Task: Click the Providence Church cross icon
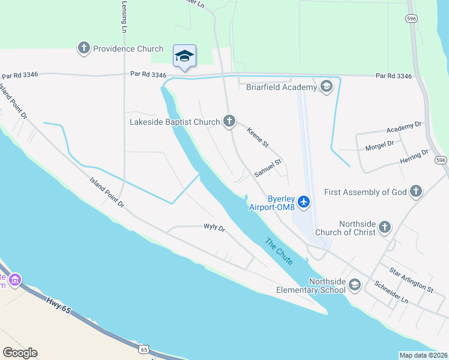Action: (x=83, y=47)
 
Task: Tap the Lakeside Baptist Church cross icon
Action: (x=228, y=122)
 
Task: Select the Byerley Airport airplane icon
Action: (x=304, y=201)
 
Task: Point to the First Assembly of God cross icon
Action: (x=415, y=192)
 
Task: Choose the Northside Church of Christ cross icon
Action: (x=384, y=227)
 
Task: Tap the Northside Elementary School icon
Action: (x=355, y=284)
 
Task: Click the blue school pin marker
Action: (x=184, y=56)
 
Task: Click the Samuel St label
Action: (x=268, y=168)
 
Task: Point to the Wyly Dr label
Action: (x=214, y=228)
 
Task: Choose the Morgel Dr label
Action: (x=379, y=144)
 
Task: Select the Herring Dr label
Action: (x=414, y=157)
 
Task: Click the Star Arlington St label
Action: (x=411, y=280)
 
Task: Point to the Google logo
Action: (x=20, y=353)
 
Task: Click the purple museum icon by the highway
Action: (x=15, y=279)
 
